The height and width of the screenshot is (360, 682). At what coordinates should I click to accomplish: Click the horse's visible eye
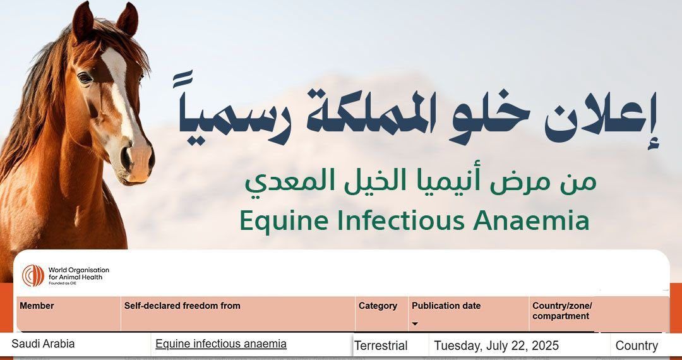pyautogui.click(x=85, y=78)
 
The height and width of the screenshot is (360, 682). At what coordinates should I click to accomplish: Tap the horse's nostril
pyautogui.click(x=127, y=159)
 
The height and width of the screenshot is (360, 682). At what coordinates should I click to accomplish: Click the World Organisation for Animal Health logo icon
pyautogui.click(x=33, y=275)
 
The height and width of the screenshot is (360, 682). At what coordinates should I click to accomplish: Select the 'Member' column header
pyautogui.click(x=37, y=306)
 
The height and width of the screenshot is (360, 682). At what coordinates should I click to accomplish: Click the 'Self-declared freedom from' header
pyautogui.click(x=182, y=306)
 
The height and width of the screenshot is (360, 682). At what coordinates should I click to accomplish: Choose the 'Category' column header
pyautogui.click(x=378, y=306)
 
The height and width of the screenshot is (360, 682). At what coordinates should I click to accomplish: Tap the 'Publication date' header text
pyautogui.click(x=446, y=306)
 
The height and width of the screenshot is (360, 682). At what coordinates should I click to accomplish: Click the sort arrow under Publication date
pyautogui.click(x=415, y=324)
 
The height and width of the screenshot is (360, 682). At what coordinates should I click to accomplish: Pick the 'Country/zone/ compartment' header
pyautogui.click(x=562, y=311)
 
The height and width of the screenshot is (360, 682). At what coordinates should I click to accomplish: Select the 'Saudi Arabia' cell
pyautogui.click(x=43, y=344)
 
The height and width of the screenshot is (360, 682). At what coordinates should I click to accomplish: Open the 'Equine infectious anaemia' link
pyautogui.click(x=221, y=344)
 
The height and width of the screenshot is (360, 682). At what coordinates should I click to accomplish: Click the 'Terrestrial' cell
pyautogui.click(x=381, y=346)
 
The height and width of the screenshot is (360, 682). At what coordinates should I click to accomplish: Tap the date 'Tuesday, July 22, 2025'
pyautogui.click(x=496, y=346)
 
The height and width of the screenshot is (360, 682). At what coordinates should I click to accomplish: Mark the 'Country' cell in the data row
pyautogui.click(x=637, y=346)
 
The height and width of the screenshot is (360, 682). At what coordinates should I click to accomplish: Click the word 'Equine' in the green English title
pyautogui.click(x=284, y=221)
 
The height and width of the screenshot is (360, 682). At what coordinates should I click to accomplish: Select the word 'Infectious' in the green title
pyautogui.click(x=402, y=220)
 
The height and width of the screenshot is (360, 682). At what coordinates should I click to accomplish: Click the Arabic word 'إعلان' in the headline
pyautogui.click(x=601, y=117)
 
